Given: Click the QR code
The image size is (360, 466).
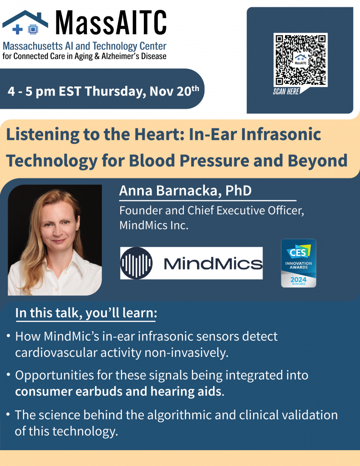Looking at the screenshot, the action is click(x=300, y=60).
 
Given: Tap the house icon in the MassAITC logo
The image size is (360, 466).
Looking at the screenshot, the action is click(x=25, y=23).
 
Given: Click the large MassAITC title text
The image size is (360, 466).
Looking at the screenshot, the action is click(x=111, y=23).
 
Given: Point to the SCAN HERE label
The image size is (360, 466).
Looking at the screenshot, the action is click(x=286, y=91).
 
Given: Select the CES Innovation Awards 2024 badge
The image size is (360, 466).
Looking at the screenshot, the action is click(x=299, y=263).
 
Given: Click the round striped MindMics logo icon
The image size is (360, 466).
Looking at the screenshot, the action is click(x=137, y=263).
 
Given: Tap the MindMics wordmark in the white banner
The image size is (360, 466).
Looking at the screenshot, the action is click(x=213, y=263).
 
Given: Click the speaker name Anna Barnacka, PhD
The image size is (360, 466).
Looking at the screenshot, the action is click(x=185, y=191).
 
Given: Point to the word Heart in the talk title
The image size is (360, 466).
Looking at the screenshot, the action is click(x=160, y=134).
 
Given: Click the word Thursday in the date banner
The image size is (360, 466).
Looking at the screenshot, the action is click(x=115, y=91).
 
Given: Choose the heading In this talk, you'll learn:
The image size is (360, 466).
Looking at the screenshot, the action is click(x=86, y=313).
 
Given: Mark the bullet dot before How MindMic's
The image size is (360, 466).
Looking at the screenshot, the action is click(x=9, y=336).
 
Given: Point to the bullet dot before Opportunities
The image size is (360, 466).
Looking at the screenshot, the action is click(x=9, y=375).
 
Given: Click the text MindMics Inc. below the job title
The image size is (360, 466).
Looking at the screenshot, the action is click(x=154, y=225).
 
